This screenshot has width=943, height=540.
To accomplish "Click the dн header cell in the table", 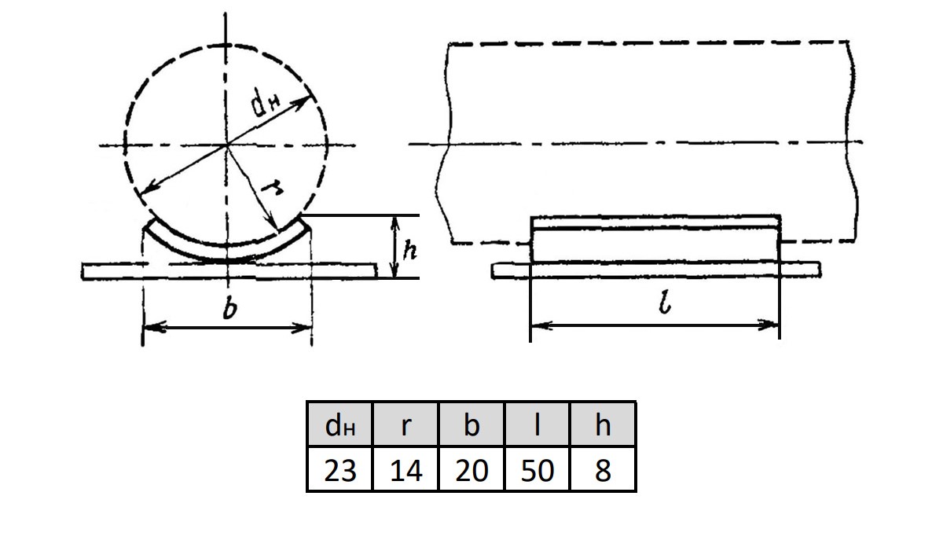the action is tap(339, 424).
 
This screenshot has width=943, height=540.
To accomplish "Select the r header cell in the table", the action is tap(405, 424).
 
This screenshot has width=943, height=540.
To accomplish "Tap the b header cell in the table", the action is tap(471, 424).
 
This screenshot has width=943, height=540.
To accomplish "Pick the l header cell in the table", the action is tap(537, 424).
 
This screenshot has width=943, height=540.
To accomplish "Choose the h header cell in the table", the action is tap(603, 424).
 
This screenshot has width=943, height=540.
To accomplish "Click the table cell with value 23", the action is tap(339, 469).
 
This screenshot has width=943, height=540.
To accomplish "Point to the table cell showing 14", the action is tap(405, 469).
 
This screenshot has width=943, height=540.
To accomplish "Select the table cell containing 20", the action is tap(471, 469).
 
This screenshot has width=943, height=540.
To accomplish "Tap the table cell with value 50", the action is tap(537, 469).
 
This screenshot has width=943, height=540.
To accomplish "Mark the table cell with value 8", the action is tap(603, 469).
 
